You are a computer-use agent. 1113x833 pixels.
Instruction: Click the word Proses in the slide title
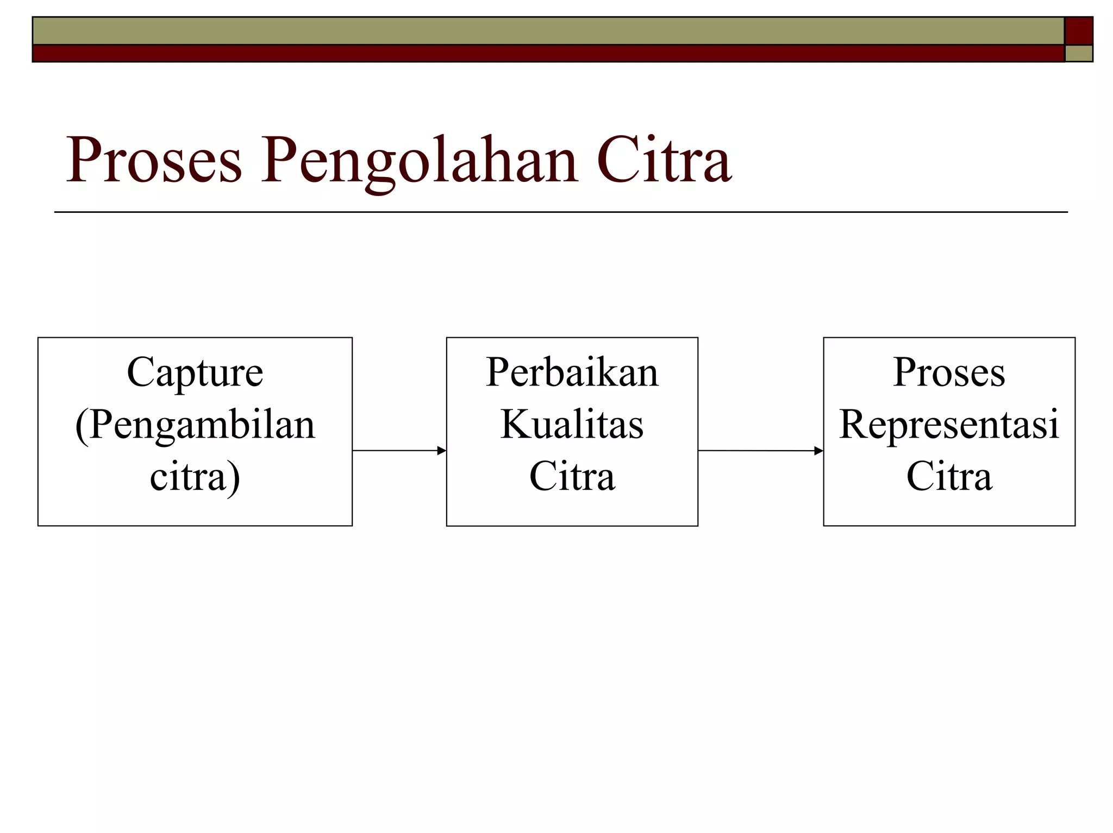tap(153, 160)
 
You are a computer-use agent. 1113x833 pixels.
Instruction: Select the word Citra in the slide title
tap(664, 160)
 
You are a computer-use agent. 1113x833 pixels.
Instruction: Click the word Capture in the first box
tap(195, 373)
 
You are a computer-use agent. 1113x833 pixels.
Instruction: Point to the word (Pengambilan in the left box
tap(195, 426)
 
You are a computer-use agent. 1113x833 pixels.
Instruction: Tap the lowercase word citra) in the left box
tap(195, 477)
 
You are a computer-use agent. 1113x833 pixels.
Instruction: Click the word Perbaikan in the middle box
tap(572, 373)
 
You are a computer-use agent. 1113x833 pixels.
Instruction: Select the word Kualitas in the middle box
tap(572, 425)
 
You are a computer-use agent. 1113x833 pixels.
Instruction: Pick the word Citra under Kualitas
tap(572, 476)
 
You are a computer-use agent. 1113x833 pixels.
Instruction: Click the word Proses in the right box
tap(949, 373)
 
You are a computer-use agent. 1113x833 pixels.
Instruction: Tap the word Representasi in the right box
tap(949, 425)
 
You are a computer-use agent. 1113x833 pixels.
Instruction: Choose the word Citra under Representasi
tap(949, 476)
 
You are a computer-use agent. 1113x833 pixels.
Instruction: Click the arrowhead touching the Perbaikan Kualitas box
tap(442, 450)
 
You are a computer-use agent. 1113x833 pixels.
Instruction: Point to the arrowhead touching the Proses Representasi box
tap(818, 450)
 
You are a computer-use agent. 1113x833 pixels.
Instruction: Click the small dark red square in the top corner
tap(1078, 30)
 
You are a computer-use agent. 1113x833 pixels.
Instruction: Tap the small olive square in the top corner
tap(1078, 53)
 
